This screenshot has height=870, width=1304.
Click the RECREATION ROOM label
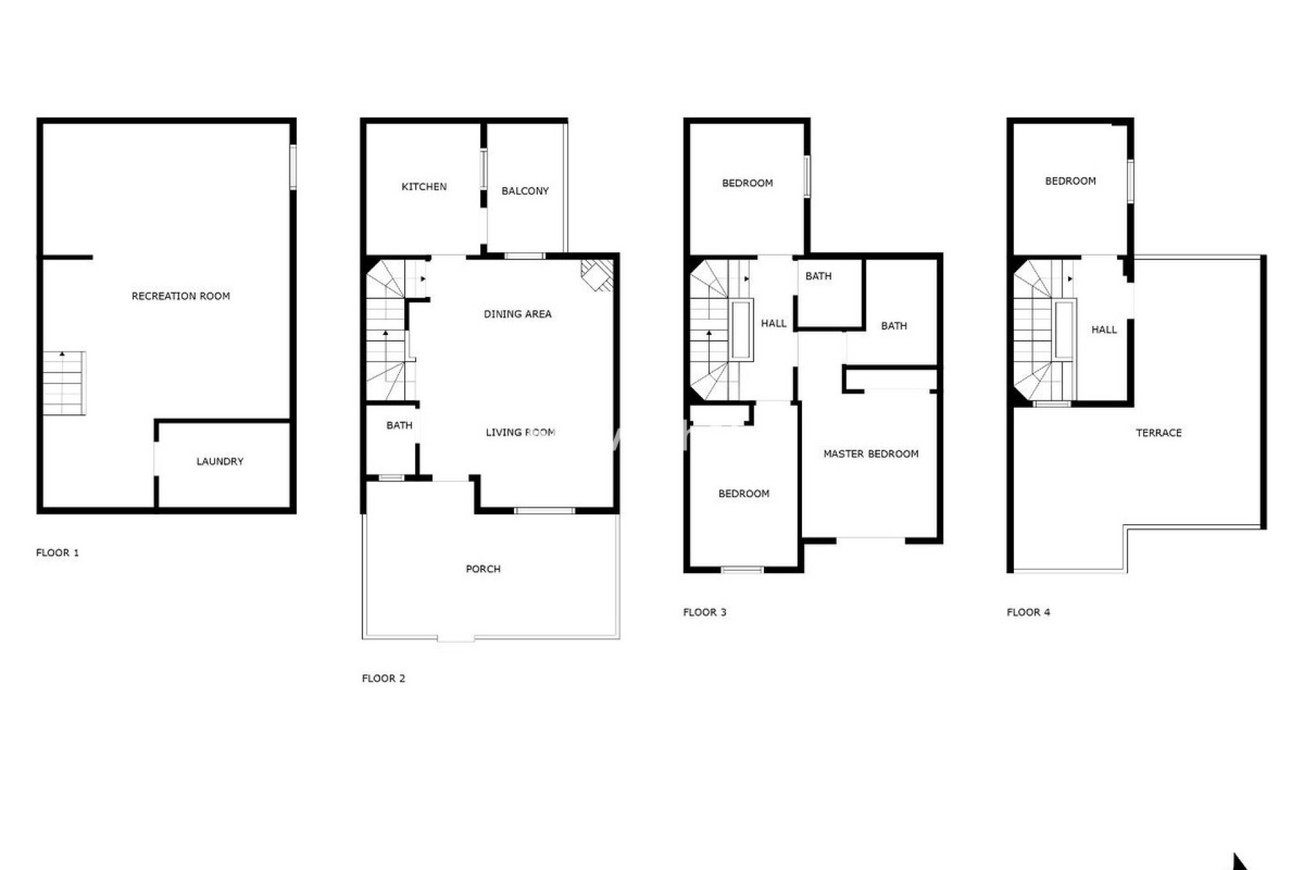click(181, 296)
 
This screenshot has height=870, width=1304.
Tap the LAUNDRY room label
click(219, 462)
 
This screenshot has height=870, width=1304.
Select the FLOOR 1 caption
click(57, 553)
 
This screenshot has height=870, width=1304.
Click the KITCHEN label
click(424, 187)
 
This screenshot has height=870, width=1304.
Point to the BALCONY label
click(525, 191)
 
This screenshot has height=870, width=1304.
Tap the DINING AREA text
click(518, 314)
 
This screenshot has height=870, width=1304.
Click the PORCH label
click(483, 569)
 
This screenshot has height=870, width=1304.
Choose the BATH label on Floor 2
click(399, 425)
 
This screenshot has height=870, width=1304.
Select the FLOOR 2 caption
click(383, 678)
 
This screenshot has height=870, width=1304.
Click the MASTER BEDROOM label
click(871, 454)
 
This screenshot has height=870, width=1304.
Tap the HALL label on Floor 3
click(774, 324)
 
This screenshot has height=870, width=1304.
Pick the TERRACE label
click(1159, 433)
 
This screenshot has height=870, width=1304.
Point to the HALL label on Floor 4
click(1104, 330)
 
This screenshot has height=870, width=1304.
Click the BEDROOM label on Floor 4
click(1070, 181)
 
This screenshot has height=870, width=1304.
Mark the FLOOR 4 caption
click(1028, 612)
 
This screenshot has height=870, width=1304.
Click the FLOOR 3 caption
click(704, 612)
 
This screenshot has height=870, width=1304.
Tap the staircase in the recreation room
click(65, 383)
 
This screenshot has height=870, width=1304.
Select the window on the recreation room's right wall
click(293, 167)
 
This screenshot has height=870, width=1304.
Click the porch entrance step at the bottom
click(456, 638)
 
